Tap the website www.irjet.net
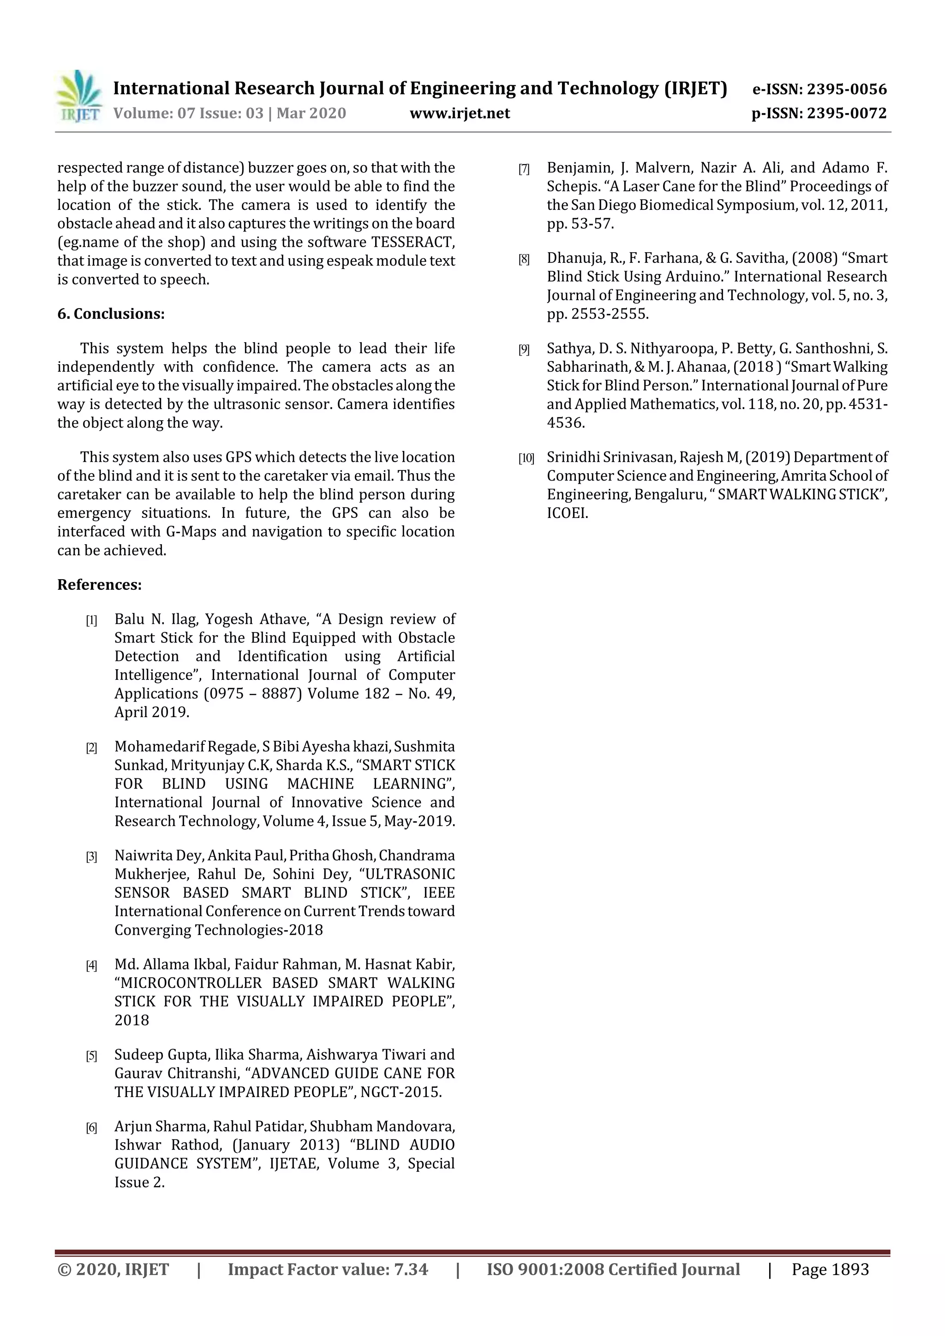[x=460, y=113]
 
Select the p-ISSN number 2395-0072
[x=847, y=113]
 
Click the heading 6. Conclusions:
[x=111, y=314]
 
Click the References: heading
[x=100, y=585]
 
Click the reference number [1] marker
[x=91, y=620]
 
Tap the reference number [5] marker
[x=91, y=1056]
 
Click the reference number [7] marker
[x=524, y=169]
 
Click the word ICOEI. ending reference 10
[x=567, y=513]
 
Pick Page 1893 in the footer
[x=830, y=1269]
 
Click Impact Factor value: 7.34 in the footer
[x=328, y=1269]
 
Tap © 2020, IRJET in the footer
[x=114, y=1269]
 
